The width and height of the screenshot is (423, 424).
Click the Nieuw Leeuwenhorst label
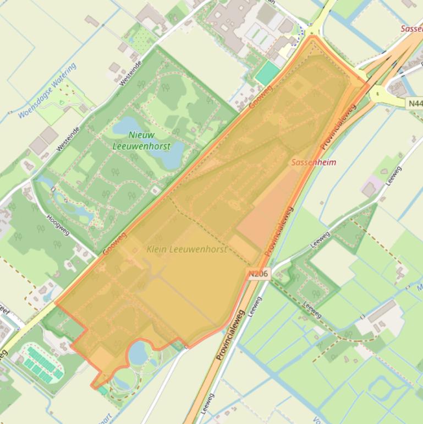click(141, 140)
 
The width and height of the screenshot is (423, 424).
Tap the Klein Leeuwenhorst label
click(186, 249)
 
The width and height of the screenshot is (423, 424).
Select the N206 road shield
click(258, 273)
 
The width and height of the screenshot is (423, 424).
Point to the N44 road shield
click(415, 103)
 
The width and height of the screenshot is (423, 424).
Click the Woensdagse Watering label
click(47, 90)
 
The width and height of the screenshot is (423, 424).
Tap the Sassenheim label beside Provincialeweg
click(314, 162)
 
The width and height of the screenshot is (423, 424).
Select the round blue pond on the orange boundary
click(139, 352)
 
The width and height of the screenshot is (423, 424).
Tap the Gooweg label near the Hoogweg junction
click(114, 243)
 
